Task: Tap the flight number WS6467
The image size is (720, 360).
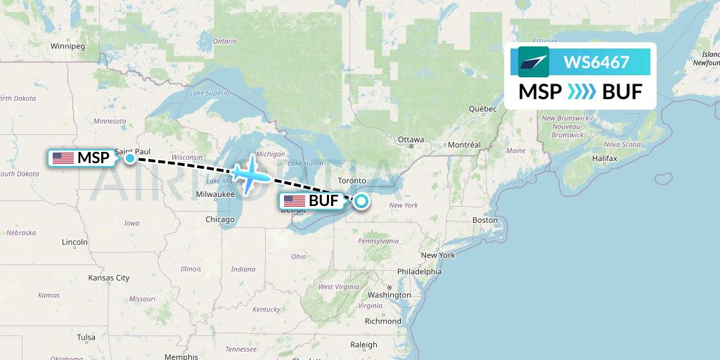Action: [x=596, y=62]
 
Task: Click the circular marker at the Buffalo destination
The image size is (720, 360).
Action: [x=361, y=202]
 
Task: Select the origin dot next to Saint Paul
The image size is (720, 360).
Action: [x=130, y=158]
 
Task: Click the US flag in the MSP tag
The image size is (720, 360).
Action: [x=63, y=158]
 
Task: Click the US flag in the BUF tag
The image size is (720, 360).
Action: [x=295, y=202]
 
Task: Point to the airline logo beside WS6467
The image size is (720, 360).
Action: [x=534, y=62]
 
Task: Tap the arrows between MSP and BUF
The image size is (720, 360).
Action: [x=581, y=91]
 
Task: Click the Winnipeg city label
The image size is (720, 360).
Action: [x=67, y=46]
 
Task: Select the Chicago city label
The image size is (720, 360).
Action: [x=220, y=220]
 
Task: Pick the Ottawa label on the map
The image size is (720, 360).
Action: [x=411, y=140]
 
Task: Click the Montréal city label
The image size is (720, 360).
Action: [x=463, y=145]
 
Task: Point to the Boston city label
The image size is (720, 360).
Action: [x=484, y=220]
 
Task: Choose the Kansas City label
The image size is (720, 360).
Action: [x=109, y=278]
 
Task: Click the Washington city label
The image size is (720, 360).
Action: [x=388, y=295]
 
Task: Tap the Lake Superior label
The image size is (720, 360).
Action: [x=210, y=93]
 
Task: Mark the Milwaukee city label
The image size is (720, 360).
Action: [x=215, y=193]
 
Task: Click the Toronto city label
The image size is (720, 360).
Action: [x=352, y=181]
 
